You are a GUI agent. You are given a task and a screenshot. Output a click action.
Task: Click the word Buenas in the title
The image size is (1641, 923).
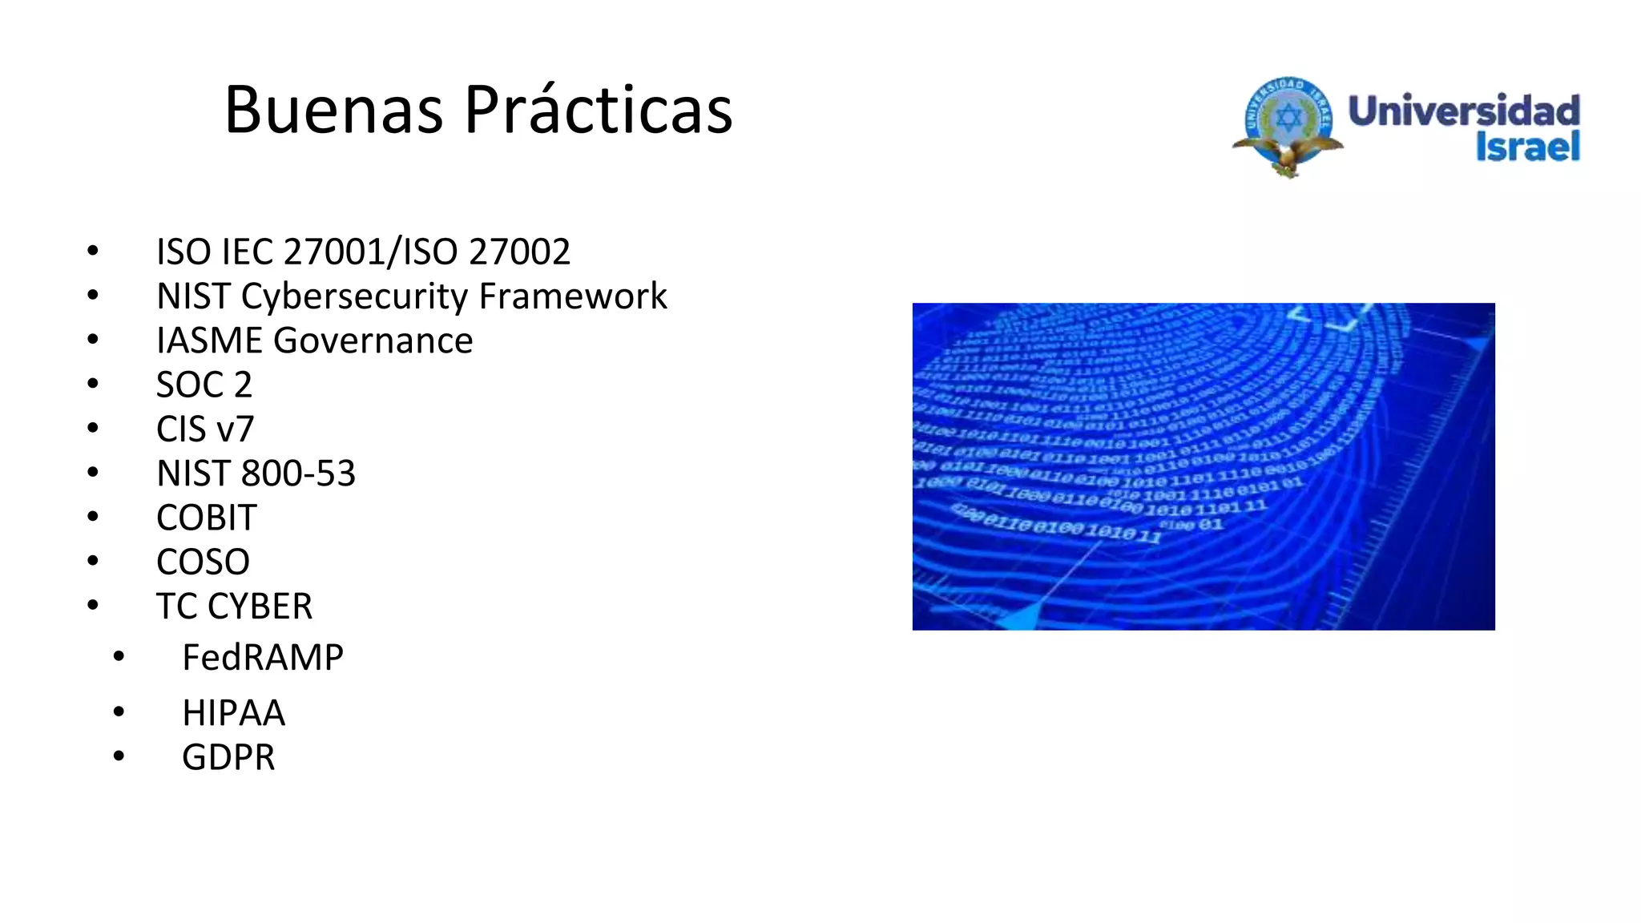click(333, 110)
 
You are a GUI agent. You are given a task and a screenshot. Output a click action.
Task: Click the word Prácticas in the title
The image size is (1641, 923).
click(598, 110)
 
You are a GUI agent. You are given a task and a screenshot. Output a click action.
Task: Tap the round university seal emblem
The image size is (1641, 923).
click(1288, 123)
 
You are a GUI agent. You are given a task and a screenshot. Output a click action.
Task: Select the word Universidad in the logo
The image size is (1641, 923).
click(1464, 111)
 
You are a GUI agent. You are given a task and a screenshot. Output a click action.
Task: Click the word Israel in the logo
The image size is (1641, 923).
click(1527, 147)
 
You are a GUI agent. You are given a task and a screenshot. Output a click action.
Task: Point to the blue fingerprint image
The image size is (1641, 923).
click(1203, 466)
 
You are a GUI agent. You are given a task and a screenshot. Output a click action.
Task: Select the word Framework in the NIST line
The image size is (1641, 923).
click(573, 296)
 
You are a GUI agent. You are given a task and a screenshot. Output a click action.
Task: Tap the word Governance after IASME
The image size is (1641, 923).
click(373, 341)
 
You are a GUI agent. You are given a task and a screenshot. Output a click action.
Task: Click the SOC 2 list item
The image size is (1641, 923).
click(204, 385)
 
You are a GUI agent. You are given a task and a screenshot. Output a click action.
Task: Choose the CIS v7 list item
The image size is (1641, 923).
click(205, 429)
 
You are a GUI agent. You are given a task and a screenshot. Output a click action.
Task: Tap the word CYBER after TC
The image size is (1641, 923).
click(260, 607)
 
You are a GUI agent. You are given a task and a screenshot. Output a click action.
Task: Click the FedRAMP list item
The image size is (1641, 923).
click(263, 658)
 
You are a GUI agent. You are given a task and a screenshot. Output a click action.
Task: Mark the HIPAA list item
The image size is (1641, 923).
click(233, 713)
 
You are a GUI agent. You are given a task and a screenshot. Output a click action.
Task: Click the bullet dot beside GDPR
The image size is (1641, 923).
click(119, 756)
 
